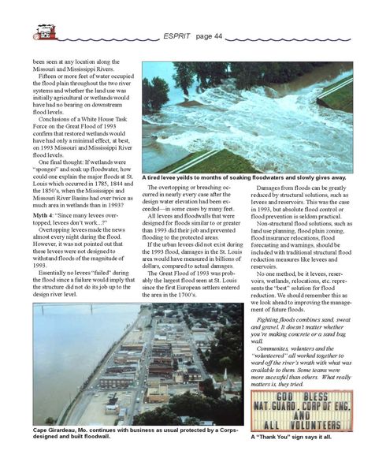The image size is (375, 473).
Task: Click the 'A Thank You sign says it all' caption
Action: click(295, 437)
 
